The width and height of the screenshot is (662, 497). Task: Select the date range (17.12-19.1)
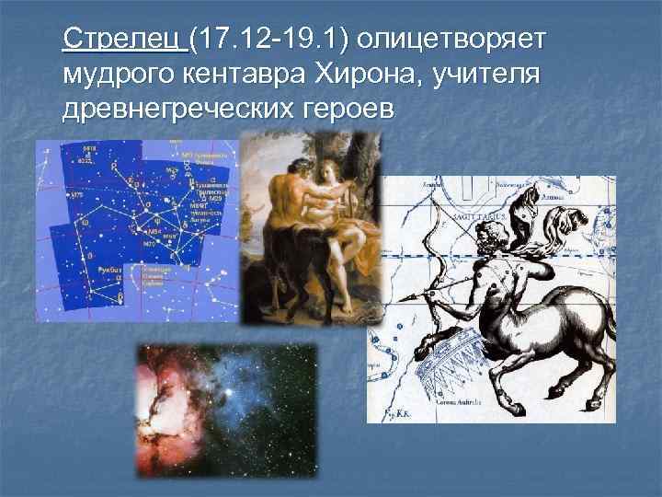270,40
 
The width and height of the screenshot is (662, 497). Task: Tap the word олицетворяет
453,40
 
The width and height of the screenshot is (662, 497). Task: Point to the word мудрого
115,75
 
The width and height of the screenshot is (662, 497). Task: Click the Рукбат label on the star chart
109,262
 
